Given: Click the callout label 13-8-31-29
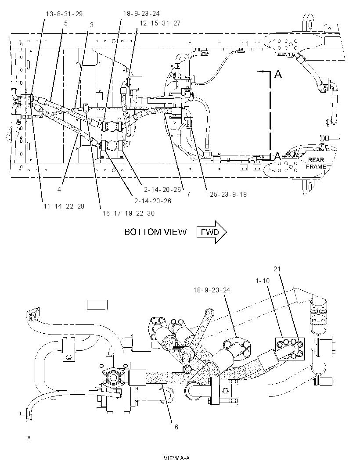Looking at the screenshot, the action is coord(64,14).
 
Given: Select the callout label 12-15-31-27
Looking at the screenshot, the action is coord(160,23).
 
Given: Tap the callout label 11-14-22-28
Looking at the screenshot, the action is coord(64,206).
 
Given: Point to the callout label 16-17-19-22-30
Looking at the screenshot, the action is coord(129,213).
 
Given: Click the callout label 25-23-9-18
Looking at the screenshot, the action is coord(228,194).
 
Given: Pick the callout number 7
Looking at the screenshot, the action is coord(188,194).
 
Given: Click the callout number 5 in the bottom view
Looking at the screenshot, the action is coord(66,23).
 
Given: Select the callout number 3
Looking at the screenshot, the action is coord(92,25).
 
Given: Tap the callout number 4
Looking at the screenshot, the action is coord(59,190).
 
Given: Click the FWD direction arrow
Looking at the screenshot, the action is coord(211,232).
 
